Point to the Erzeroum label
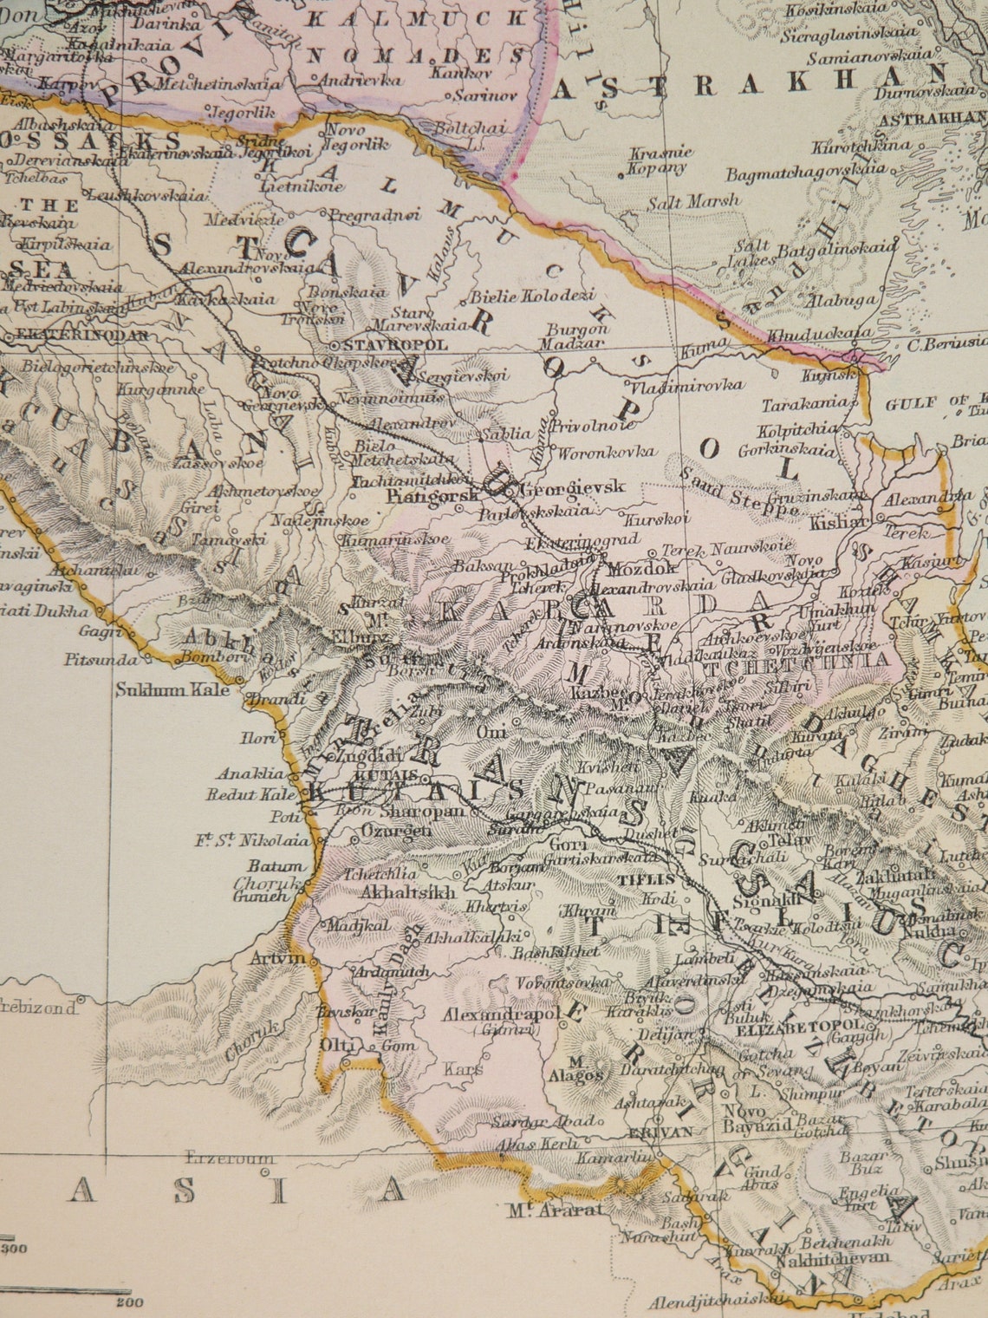point(231,1158)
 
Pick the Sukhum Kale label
point(172,690)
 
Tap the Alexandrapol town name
point(501,1014)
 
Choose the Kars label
point(463,1069)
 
